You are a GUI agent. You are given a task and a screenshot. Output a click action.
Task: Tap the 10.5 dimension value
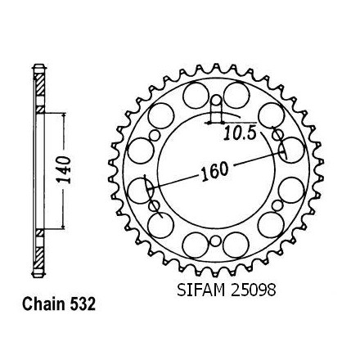(x=240, y=133)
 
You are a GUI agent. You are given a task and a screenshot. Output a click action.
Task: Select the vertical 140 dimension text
(x=65, y=169)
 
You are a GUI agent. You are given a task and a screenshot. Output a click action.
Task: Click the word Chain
(x=43, y=304)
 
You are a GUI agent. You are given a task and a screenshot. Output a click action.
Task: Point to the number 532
(x=83, y=304)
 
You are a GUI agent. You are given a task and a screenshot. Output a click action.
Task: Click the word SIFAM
(x=201, y=290)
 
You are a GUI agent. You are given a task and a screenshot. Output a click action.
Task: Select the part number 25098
(x=254, y=290)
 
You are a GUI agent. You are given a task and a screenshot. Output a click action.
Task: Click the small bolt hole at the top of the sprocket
(x=217, y=101)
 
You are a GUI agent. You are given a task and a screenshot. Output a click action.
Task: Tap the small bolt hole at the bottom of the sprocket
(x=215, y=241)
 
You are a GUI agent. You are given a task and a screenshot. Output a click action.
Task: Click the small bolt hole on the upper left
(x=155, y=136)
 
